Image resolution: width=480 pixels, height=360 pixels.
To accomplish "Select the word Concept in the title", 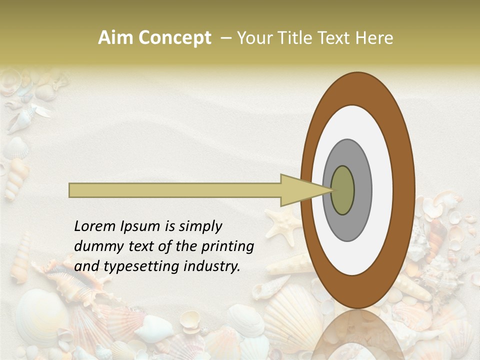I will coord(174,38).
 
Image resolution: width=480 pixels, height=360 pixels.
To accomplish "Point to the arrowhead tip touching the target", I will coord(332,190).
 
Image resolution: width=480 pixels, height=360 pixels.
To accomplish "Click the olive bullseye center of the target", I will coord(343,190).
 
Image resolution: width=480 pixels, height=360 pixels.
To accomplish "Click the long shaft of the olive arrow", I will coord(175,190).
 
